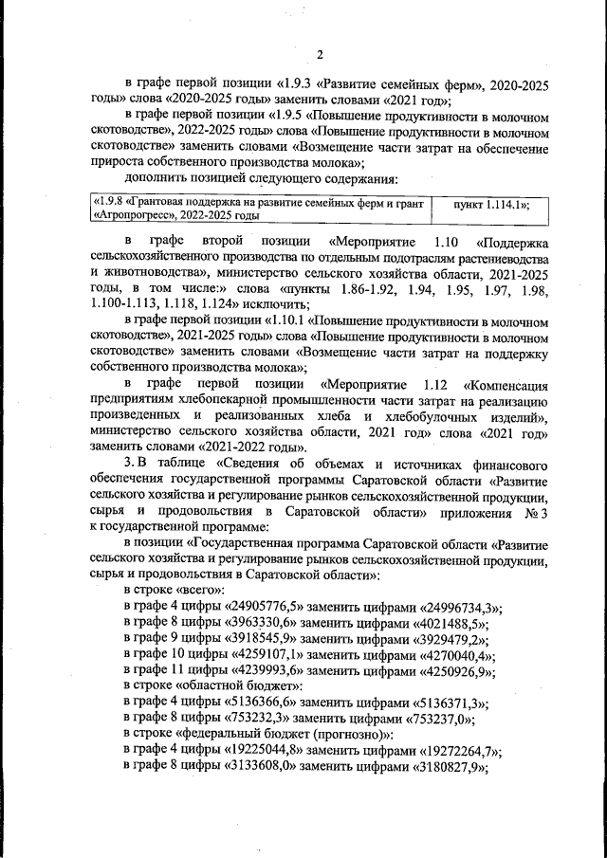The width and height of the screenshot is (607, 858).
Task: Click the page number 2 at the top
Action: click(x=320, y=53)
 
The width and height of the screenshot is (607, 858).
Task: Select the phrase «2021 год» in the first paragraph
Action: click(x=417, y=100)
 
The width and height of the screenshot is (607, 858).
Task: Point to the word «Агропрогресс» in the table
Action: click(x=135, y=216)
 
